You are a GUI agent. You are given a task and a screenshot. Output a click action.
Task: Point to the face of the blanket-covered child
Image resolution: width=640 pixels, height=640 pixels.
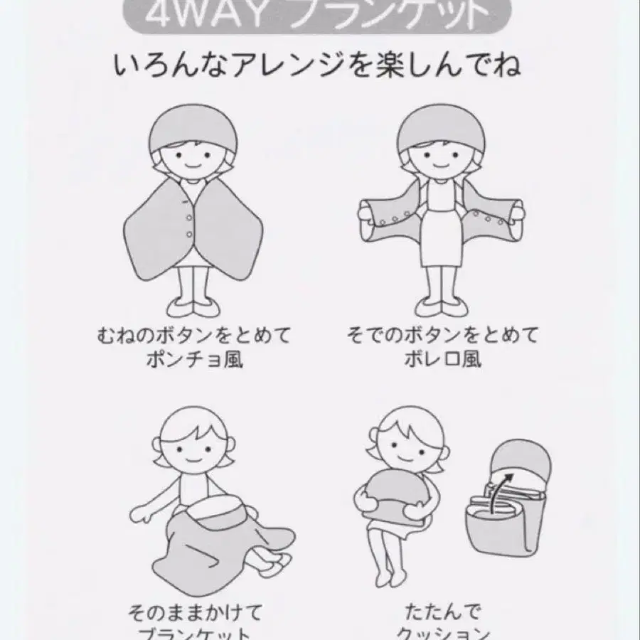[x=192, y=448]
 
